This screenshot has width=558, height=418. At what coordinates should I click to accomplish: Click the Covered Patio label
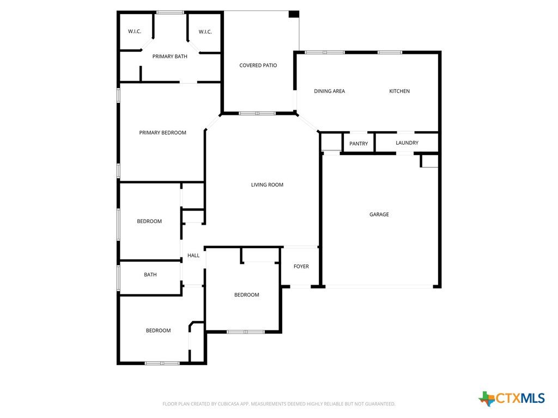(x=258, y=65)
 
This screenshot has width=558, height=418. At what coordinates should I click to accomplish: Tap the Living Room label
(x=267, y=185)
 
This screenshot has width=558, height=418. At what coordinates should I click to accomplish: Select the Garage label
(x=379, y=214)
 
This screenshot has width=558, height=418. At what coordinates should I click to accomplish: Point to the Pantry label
(x=359, y=144)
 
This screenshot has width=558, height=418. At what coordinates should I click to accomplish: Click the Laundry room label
(x=407, y=143)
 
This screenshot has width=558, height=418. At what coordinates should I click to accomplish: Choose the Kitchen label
(x=399, y=91)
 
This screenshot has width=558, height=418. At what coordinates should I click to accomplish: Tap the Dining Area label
(x=330, y=91)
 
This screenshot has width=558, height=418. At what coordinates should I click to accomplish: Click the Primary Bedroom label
(x=162, y=133)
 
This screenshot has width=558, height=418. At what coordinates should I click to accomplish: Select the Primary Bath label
(x=170, y=57)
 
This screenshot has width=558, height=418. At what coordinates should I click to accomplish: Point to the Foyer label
(x=301, y=267)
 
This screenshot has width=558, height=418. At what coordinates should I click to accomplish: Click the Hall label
(x=193, y=256)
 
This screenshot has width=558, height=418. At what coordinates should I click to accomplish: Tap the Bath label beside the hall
(x=150, y=275)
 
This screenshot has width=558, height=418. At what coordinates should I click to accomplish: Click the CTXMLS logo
(x=512, y=398)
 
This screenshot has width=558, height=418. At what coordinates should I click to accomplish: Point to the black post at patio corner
(x=294, y=14)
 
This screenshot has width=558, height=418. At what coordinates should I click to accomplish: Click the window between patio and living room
(x=257, y=113)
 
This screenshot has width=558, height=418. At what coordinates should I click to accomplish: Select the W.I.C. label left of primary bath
(x=135, y=32)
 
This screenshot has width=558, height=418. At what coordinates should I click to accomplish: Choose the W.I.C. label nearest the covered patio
(x=205, y=32)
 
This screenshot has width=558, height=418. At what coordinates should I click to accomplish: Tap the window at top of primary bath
(x=171, y=13)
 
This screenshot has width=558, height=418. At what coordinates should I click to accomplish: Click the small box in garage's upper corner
(x=429, y=161)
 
